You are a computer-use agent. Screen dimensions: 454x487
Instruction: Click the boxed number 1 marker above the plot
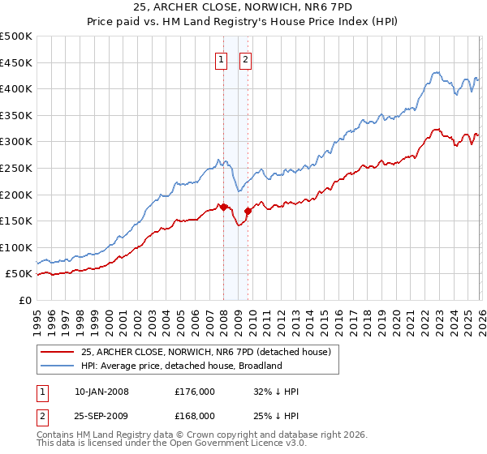click(x=221, y=58)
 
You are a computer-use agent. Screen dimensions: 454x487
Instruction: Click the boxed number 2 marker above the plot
click(x=245, y=58)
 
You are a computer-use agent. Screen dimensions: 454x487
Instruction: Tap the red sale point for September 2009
click(x=248, y=211)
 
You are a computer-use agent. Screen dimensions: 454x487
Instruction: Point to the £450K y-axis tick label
click(x=16, y=62)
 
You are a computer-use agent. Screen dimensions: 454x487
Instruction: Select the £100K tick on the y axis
click(x=16, y=247)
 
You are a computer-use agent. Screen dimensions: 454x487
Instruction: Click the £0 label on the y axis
click(x=26, y=300)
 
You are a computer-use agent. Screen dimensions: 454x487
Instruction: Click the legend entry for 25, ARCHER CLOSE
click(x=205, y=352)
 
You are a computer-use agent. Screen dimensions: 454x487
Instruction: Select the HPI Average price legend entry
click(x=180, y=366)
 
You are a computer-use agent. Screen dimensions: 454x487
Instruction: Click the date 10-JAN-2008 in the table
click(x=101, y=392)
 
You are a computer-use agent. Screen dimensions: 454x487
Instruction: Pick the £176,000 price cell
click(x=195, y=392)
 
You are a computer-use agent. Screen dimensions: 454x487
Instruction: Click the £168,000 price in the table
click(x=195, y=416)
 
